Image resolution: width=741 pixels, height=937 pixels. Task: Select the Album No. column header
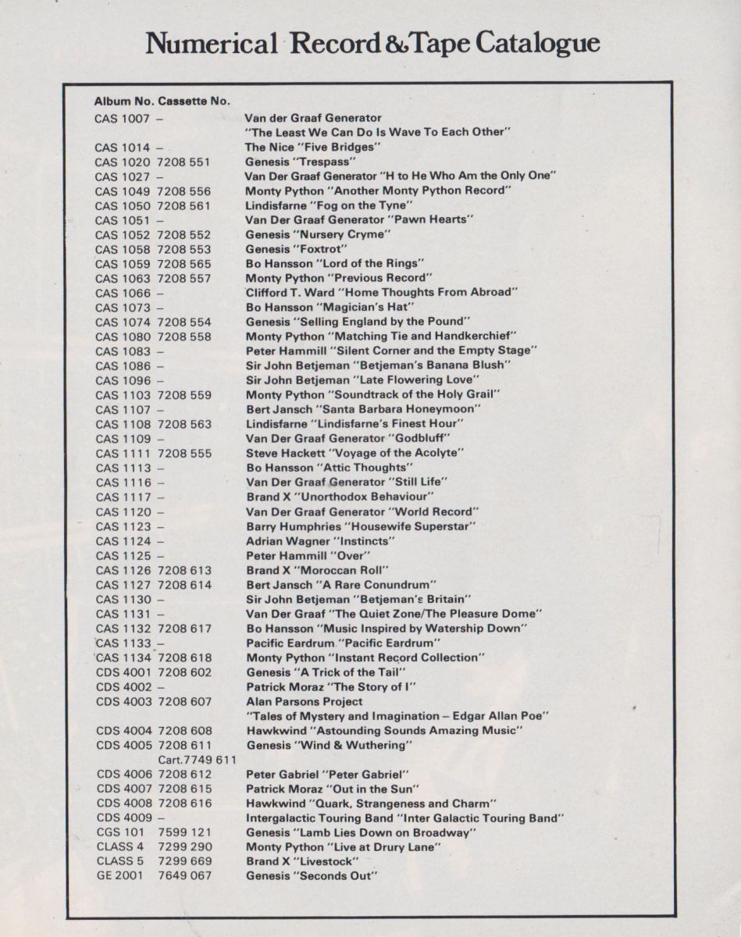pos(123,102)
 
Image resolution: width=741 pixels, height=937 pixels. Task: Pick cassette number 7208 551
pos(184,162)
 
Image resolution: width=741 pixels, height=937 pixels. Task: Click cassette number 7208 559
pos(184,395)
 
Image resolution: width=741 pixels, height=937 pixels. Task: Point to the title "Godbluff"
pos(424,439)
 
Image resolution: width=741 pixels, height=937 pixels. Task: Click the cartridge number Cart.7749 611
pos(197,760)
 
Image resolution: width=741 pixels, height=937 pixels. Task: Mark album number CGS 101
pos(120,832)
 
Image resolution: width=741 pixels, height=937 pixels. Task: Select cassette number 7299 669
pos(184,861)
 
